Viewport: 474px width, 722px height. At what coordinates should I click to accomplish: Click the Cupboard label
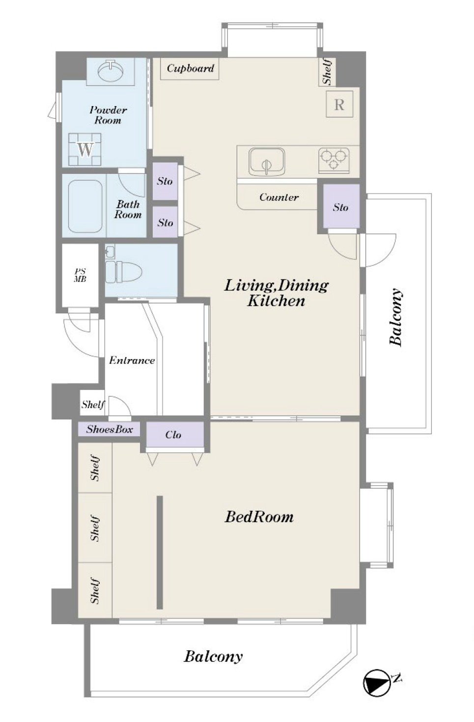click(x=190, y=68)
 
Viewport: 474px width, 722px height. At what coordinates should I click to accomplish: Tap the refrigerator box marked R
click(x=339, y=104)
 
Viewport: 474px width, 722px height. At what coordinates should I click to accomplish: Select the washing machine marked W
click(x=85, y=149)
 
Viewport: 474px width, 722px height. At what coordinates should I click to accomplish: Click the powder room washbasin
click(x=111, y=70)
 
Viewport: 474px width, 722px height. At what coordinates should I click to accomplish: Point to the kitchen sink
click(x=267, y=162)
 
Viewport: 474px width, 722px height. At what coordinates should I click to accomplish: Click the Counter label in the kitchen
click(x=279, y=197)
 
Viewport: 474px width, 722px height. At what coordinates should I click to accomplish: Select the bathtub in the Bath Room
click(x=85, y=206)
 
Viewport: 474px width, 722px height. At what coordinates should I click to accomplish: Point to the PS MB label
click(x=80, y=275)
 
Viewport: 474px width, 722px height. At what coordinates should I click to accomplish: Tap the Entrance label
click(x=132, y=360)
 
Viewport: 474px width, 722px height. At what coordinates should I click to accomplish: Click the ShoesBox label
click(x=110, y=429)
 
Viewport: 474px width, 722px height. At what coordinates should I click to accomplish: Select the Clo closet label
click(x=173, y=435)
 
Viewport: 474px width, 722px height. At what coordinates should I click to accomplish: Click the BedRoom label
click(x=259, y=517)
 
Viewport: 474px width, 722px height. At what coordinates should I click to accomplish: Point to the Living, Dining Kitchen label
click(x=277, y=293)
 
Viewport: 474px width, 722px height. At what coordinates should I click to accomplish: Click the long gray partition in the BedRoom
click(x=160, y=553)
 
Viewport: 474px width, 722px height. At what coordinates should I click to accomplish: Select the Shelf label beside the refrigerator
click(x=327, y=72)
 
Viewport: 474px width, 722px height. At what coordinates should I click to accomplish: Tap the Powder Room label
click(x=108, y=115)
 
